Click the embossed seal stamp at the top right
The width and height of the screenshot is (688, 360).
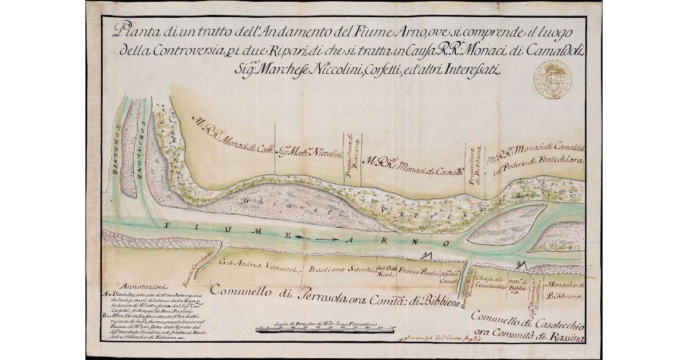(552, 79)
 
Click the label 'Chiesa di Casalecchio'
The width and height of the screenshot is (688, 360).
(490, 282)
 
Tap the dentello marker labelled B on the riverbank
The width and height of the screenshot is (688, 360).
(521, 264)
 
